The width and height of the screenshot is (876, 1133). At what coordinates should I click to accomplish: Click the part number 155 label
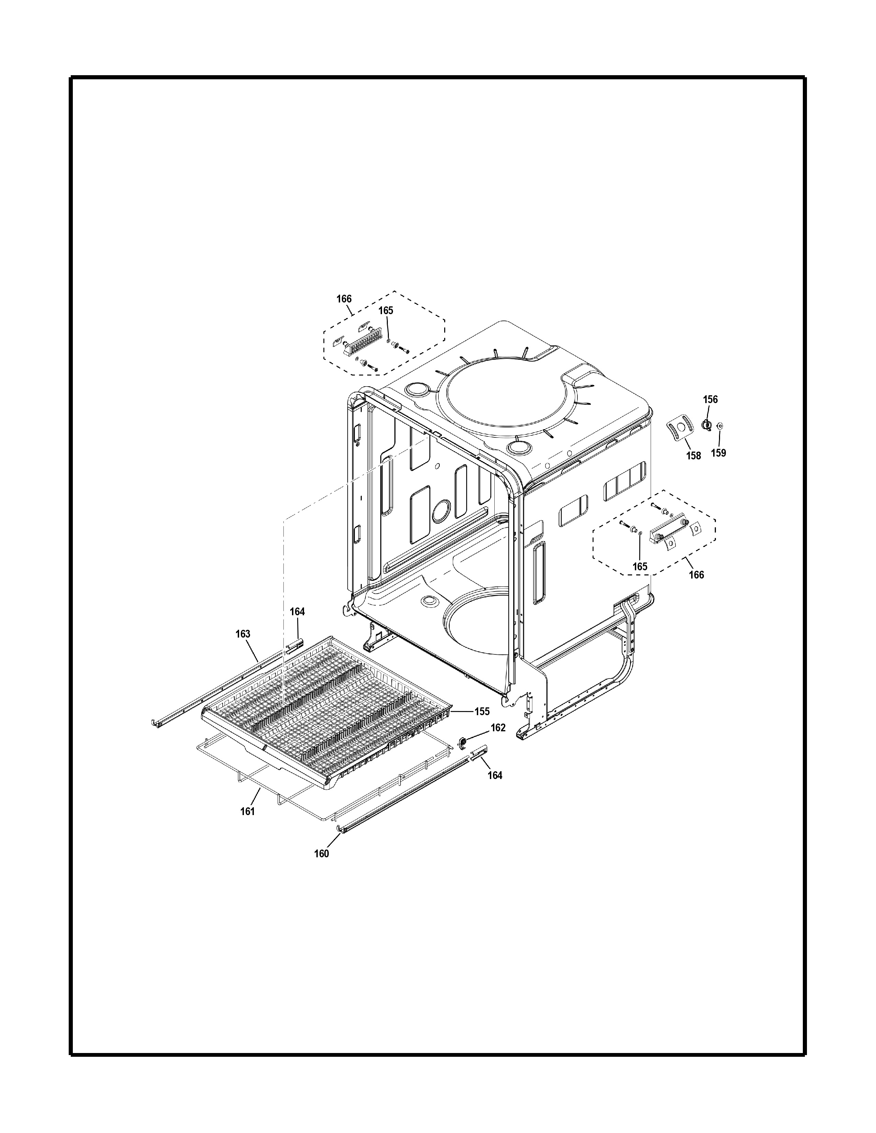(x=482, y=711)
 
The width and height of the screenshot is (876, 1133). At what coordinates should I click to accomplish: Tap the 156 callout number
(x=710, y=399)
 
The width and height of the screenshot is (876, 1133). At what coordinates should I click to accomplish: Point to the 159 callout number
(x=718, y=453)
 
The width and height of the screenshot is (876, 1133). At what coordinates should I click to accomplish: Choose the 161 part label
(x=248, y=811)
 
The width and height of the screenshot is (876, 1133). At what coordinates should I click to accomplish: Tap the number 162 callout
(x=498, y=728)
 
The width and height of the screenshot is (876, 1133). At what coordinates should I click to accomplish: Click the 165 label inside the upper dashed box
(x=385, y=310)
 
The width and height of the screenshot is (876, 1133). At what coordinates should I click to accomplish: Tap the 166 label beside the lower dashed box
(x=696, y=575)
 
